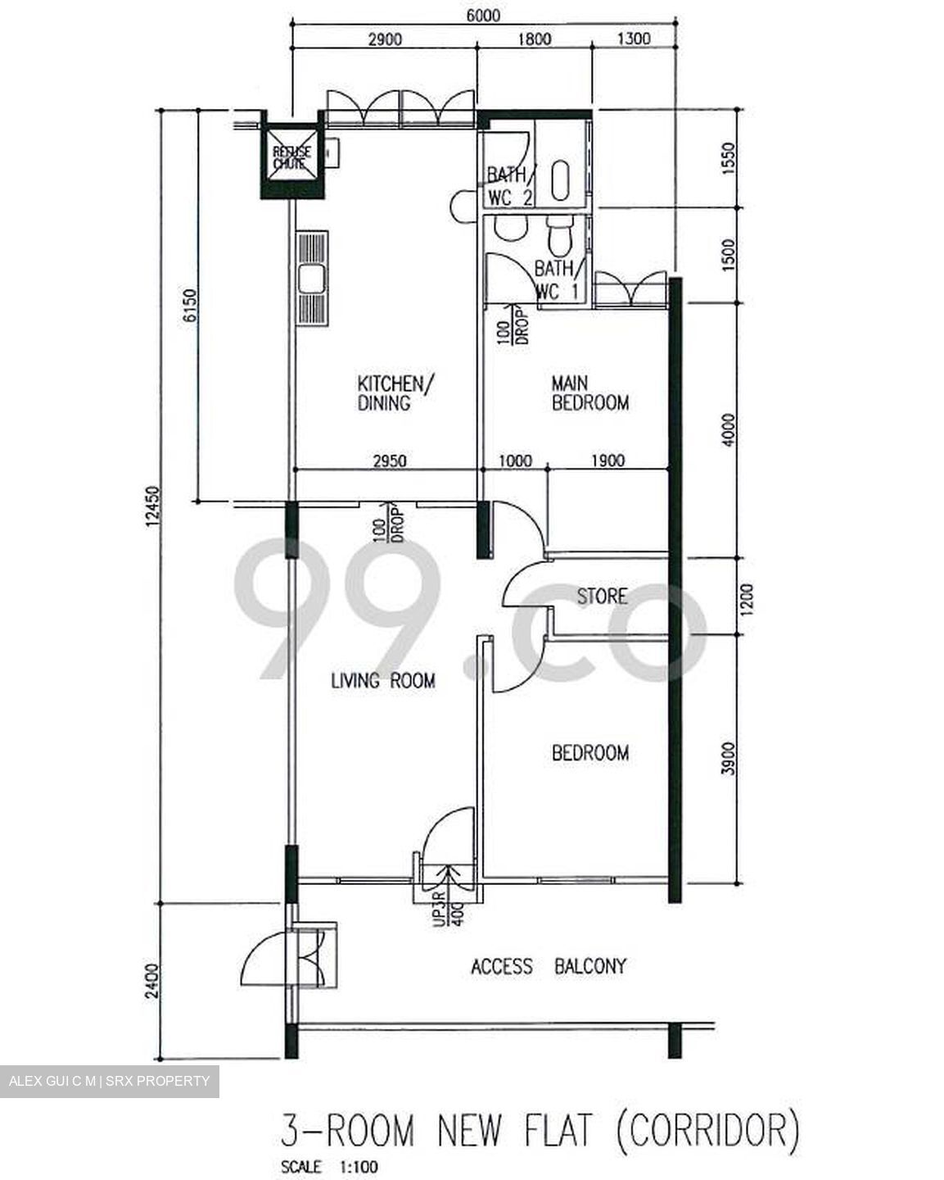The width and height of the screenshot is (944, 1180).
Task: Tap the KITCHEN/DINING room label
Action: [x=391, y=393]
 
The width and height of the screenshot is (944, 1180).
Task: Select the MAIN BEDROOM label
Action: [x=589, y=393]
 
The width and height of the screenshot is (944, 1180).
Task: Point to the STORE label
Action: [x=602, y=597]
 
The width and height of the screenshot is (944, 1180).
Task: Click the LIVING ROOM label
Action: [x=382, y=680]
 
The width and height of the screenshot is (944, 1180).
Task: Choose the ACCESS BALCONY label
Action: [x=548, y=967]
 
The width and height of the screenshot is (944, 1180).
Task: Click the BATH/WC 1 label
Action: [x=559, y=279]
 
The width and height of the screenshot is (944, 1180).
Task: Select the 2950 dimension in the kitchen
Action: [x=390, y=461]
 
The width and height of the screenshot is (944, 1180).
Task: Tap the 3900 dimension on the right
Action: [x=729, y=758]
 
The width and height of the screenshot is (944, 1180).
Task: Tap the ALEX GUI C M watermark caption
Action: [x=109, y=1081]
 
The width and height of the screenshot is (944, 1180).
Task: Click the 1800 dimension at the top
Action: [x=534, y=39]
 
